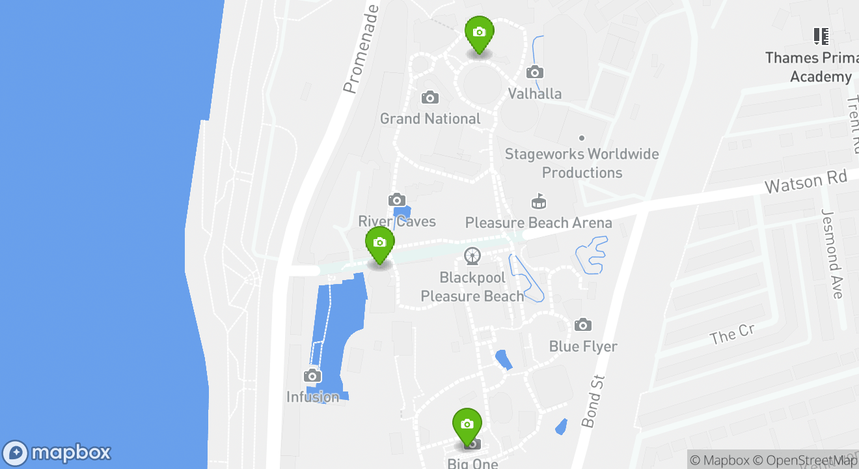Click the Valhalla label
(534, 94)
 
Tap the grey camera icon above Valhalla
(535, 72)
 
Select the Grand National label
(430, 119)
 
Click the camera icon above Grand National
(429, 98)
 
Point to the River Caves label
(397, 221)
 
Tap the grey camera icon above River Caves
(397, 200)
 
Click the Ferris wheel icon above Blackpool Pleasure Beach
(472, 256)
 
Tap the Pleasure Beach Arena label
(538, 223)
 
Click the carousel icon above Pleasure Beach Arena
(538, 201)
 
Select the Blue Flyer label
(583, 346)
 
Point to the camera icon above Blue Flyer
(583, 324)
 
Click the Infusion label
(313, 397)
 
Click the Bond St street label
(593, 401)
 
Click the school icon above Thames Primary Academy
(821, 36)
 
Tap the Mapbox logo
(57, 453)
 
